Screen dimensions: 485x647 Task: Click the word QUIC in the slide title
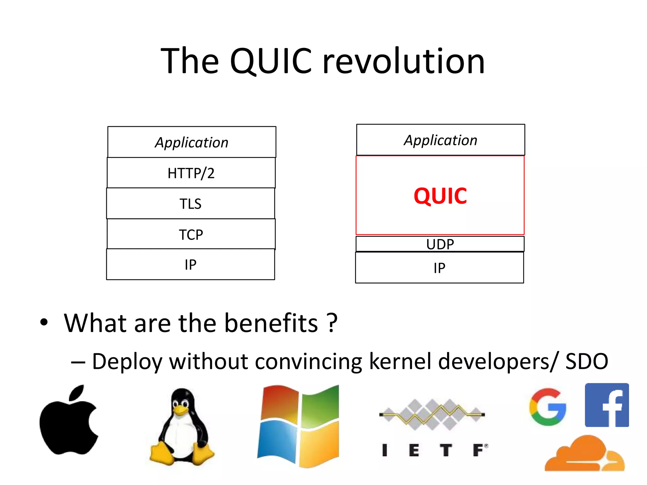pos(271,61)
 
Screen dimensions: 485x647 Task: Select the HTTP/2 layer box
pos(191,173)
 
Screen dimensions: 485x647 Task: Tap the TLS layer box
pos(190,203)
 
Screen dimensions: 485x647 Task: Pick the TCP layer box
pos(191,234)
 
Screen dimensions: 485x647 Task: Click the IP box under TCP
pos(190,264)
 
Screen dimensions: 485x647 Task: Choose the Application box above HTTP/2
pos(192,142)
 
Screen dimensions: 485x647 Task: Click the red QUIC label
pos(440,196)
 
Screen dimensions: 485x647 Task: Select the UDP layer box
pos(440,244)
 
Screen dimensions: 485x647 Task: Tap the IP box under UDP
pos(439,268)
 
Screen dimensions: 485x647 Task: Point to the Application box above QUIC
pos(441,140)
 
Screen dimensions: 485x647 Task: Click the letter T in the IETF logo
pos(446,450)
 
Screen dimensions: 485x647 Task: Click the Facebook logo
pos(607,405)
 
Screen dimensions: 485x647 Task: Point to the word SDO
pos(587,361)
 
